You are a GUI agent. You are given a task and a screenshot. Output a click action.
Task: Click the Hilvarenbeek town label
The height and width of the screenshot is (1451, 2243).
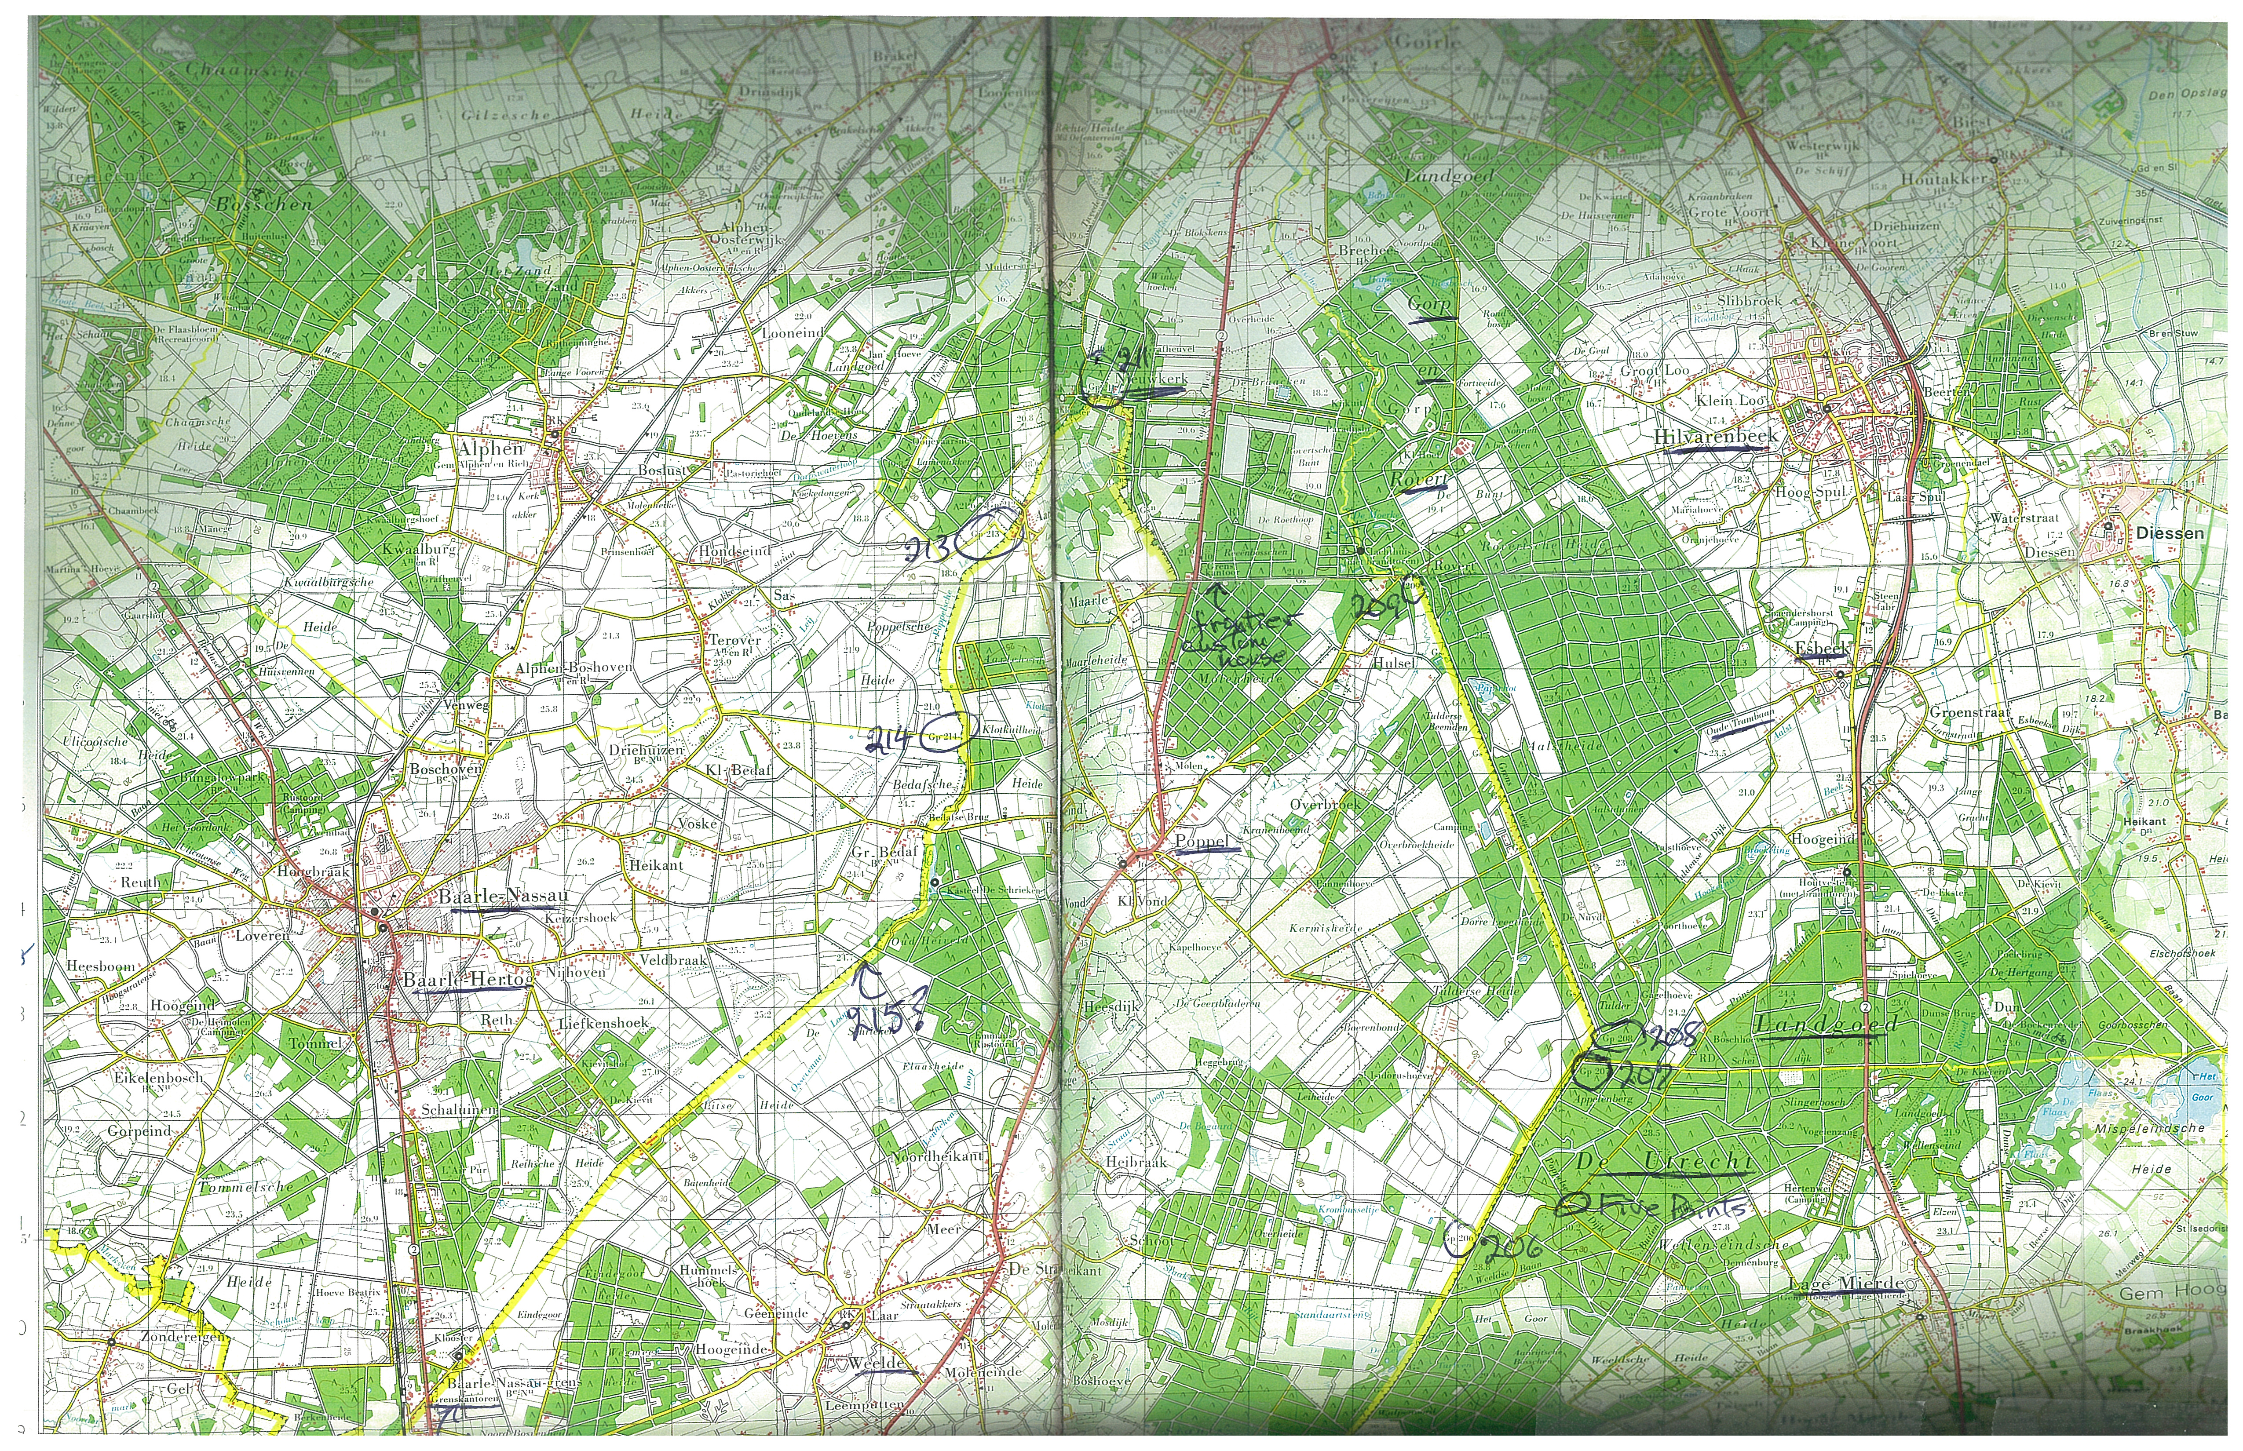click(1715, 436)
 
